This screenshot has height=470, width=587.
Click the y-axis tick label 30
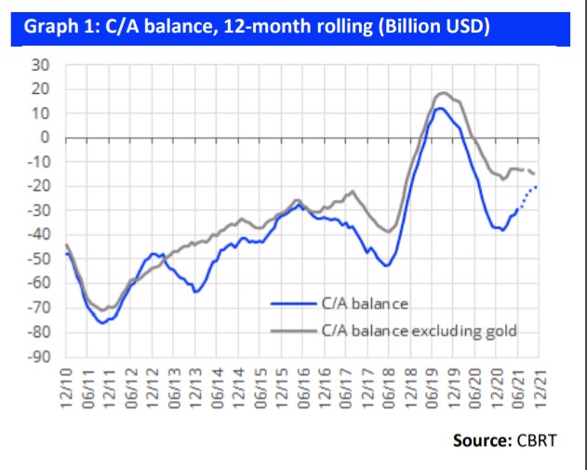(42, 64)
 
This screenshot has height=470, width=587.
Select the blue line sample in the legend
(293, 303)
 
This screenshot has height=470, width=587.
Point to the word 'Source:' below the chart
(481, 439)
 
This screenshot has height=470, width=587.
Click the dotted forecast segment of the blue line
(527, 195)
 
